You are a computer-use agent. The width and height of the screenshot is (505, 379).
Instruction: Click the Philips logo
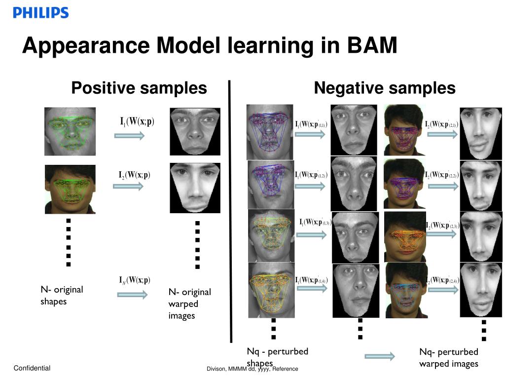pos(41,13)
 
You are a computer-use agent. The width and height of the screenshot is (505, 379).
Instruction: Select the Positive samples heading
pos(139,88)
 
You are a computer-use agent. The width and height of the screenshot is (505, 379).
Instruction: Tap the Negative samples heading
pos(385,88)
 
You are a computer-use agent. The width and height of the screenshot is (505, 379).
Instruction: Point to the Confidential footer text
pos(32,368)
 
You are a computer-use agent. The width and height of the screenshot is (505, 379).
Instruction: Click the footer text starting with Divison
pos(252,369)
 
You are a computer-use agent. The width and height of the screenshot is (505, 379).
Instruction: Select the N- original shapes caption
pos(62,295)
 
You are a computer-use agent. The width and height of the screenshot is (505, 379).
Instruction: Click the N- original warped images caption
pos(189,303)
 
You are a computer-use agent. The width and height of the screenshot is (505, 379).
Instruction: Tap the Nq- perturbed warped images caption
pos(449,358)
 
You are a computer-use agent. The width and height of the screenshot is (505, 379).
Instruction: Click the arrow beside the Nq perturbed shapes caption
pos(380,356)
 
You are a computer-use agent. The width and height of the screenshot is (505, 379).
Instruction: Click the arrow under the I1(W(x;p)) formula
pos(129,135)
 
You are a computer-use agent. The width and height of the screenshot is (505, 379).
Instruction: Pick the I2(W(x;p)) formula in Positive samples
pos(134,175)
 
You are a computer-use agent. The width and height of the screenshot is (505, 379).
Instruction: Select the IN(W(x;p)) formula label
pos(135,280)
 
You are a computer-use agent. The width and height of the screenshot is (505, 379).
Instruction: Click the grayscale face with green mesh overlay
pos(70,132)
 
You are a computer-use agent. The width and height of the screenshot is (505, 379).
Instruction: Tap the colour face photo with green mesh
pos(70,189)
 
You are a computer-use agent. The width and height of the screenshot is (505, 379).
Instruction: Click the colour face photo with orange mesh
pos(405,235)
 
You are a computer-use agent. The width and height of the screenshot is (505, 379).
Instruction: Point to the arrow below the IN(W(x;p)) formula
pos(132,295)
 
